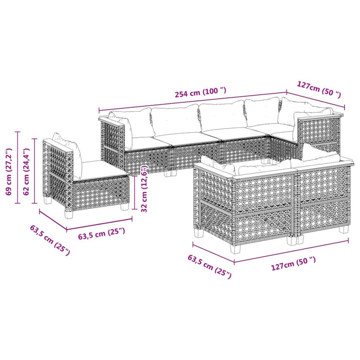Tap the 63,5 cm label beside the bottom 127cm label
(x=209, y=266)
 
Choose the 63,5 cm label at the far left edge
(x=49, y=241)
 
